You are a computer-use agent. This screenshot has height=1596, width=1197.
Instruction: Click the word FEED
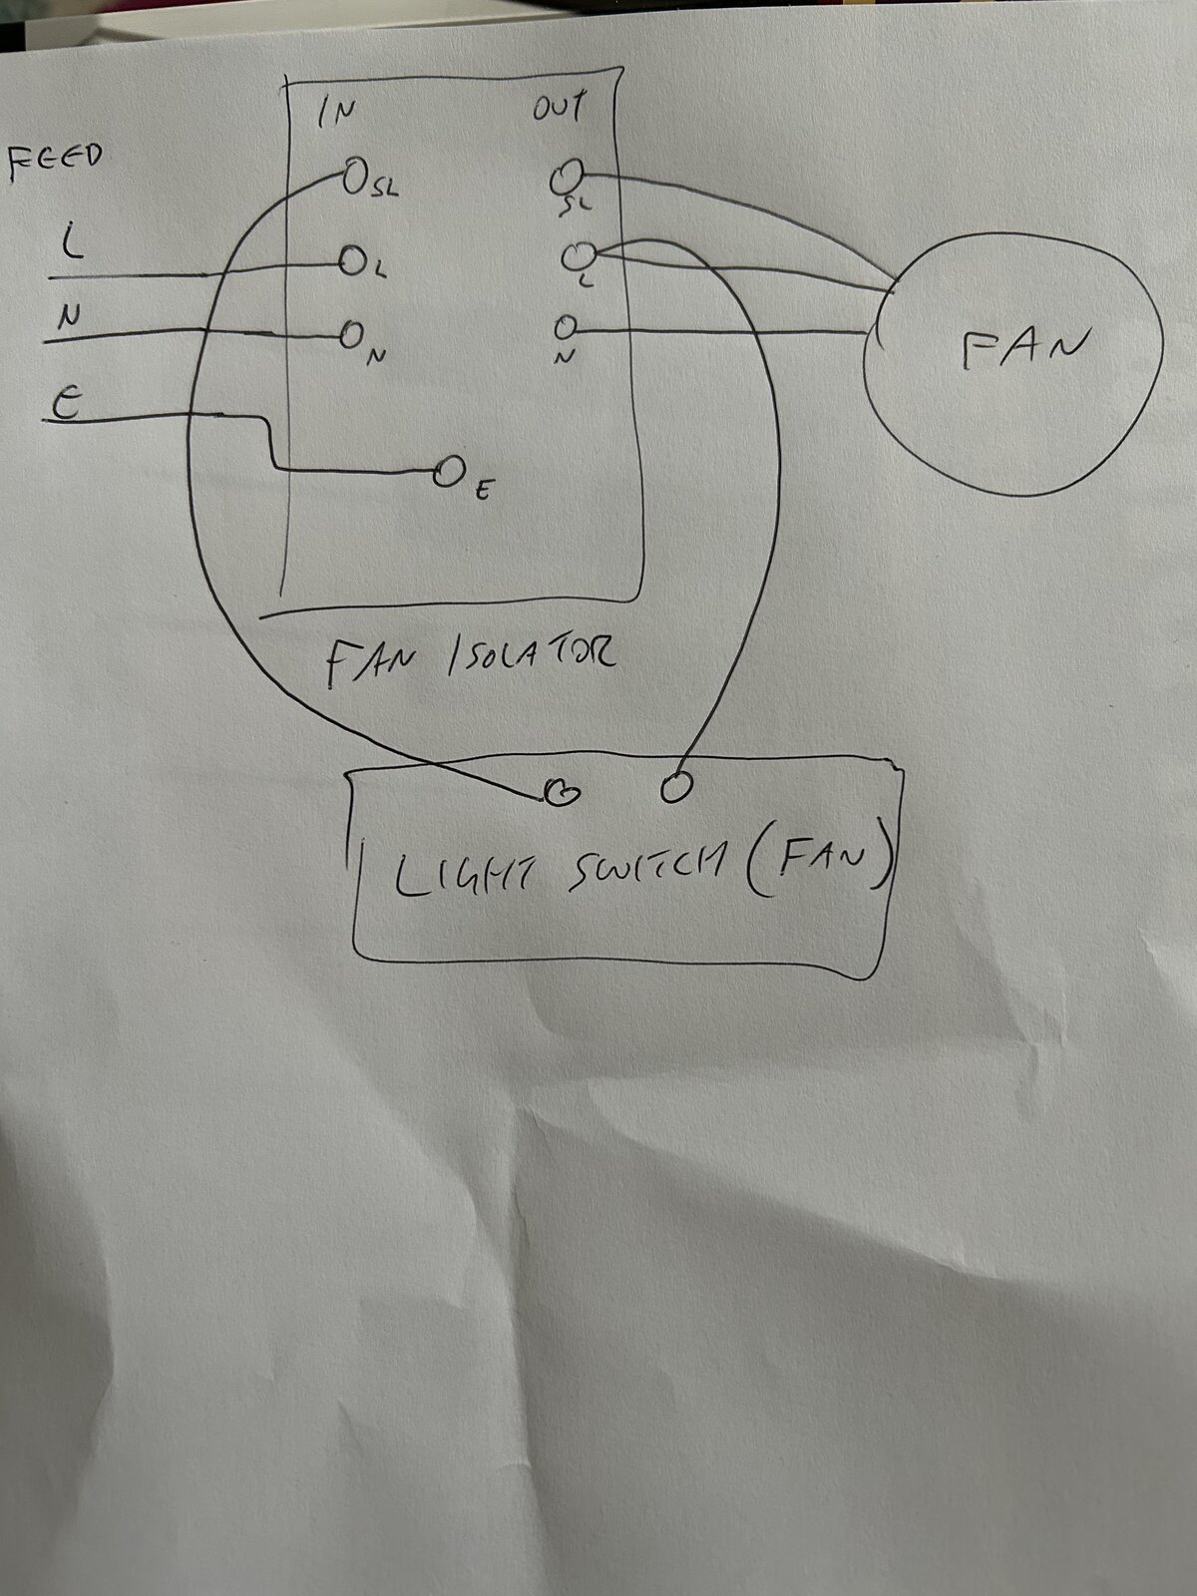[x=55, y=163]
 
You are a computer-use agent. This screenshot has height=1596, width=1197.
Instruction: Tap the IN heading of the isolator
[x=336, y=113]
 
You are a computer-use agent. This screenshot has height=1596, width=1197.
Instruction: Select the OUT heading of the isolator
[x=558, y=107]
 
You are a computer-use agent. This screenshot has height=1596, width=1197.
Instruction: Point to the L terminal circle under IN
[x=352, y=261]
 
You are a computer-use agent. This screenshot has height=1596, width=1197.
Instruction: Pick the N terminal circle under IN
[x=351, y=335]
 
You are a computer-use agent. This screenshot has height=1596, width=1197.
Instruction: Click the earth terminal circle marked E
[x=446, y=474]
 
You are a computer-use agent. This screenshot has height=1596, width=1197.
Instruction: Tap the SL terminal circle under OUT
[x=567, y=176]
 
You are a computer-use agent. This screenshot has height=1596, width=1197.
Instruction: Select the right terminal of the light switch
[x=676, y=787]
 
